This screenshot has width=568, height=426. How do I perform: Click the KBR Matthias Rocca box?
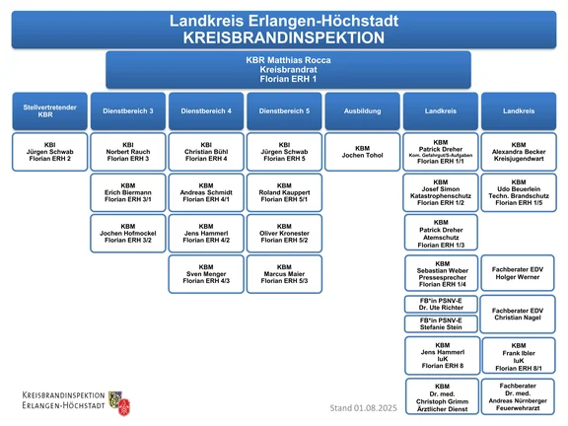pyautogui.click(x=288, y=70)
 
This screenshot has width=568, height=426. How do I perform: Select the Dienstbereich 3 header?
pyautogui.click(x=128, y=111)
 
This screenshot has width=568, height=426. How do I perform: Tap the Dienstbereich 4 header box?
pyautogui.click(x=206, y=111)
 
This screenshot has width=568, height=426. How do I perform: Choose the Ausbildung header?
pyautogui.click(x=363, y=111)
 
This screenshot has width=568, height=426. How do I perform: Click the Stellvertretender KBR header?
pyautogui.click(x=50, y=111)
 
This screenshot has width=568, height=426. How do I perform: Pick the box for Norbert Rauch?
pyautogui.click(x=128, y=152)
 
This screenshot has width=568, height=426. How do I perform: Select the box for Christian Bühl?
pyautogui.click(x=206, y=152)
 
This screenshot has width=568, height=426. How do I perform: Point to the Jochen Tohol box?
pyautogui.click(x=363, y=152)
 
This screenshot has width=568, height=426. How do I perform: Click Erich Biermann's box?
pyautogui.click(x=128, y=192)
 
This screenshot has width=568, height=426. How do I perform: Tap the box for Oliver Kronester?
pyautogui.click(x=284, y=234)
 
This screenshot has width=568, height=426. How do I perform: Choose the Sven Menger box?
pyautogui.click(x=206, y=274)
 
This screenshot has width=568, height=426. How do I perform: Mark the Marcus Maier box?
pyautogui.click(x=284, y=274)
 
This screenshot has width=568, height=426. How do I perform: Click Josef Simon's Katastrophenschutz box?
pyautogui.click(x=441, y=192)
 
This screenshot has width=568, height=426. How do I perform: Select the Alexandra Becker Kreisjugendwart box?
pyautogui.click(x=519, y=152)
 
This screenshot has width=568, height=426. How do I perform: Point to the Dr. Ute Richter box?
pyautogui.click(x=441, y=304)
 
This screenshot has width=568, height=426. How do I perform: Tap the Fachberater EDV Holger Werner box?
pyautogui.click(x=518, y=273)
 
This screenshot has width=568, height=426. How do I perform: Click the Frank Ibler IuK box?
pyautogui.click(x=519, y=355)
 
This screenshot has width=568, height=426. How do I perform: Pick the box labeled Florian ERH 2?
pyautogui.click(x=50, y=152)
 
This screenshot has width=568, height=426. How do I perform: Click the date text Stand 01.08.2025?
pyautogui.click(x=363, y=408)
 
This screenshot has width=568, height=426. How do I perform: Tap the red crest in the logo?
pyautogui.click(x=124, y=407)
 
